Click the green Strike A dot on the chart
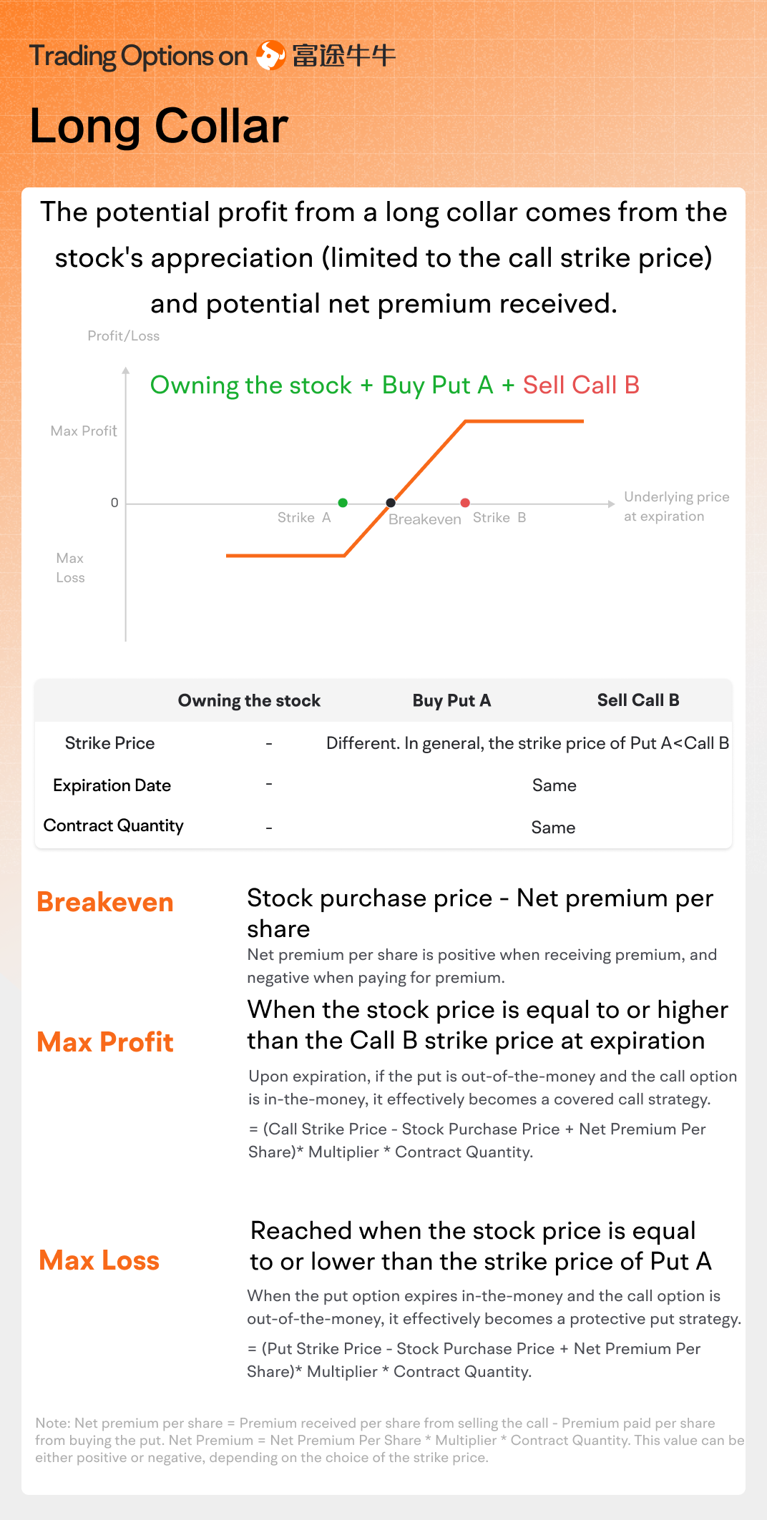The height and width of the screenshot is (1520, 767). click(x=343, y=503)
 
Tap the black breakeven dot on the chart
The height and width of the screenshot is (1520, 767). click(x=391, y=503)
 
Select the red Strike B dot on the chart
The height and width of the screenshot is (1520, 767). click(x=465, y=503)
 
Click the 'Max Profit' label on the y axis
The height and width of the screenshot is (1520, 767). click(x=84, y=431)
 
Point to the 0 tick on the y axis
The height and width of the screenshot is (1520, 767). click(x=114, y=503)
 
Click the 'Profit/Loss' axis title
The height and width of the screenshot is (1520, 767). click(x=124, y=336)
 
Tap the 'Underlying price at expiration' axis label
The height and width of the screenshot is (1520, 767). click(x=677, y=506)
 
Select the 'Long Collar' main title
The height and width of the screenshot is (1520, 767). click(x=159, y=127)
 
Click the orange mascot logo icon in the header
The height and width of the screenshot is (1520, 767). click(x=271, y=55)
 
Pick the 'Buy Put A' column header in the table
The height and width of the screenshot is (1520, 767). click(x=451, y=700)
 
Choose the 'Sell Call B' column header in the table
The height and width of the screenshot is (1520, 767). click(x=638, y=700)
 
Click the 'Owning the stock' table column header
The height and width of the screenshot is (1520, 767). click(x=249, y=701)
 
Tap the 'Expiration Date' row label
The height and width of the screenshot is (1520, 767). click(x=112, y=785)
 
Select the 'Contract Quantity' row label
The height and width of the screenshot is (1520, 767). click(x=114, y=826)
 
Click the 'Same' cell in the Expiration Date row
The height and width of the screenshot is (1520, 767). click(x=555, y=785)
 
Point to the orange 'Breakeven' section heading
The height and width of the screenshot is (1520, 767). click(x=105, y=903)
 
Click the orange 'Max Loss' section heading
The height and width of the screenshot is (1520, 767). click(x=99, y=1260)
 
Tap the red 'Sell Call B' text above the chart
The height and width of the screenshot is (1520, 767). click(x=581, y=386)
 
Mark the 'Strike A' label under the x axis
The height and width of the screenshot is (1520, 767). click(x=304, y=518)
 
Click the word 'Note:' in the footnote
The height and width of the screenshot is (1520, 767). click(x=53, y=1423)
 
